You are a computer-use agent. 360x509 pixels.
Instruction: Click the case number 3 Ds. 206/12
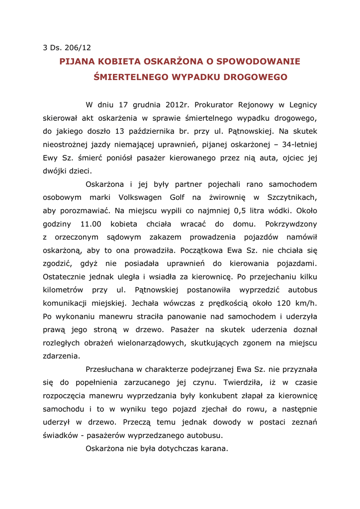coord(67,48)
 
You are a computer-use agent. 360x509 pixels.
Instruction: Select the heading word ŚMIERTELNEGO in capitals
coord(131,78)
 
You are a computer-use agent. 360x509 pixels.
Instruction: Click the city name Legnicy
coord(302,105)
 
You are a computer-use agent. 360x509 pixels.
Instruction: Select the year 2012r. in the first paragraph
coord(178,105)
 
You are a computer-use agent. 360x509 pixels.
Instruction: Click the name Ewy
coord(52,158)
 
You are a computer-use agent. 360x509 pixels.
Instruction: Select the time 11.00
coord(90,224)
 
